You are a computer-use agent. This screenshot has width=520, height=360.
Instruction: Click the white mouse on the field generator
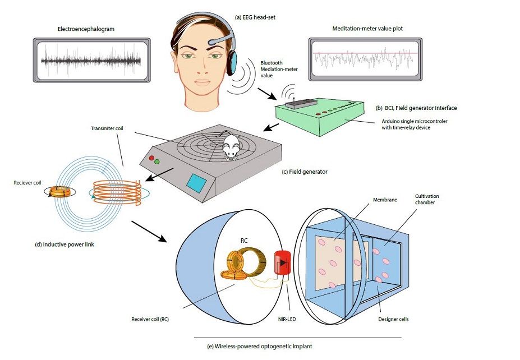point(229,145)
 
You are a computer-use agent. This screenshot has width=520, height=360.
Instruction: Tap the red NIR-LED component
point(282,263)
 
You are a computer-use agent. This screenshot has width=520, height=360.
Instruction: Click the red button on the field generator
point(151,158)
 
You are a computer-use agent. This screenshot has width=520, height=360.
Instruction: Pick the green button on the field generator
point(157,161)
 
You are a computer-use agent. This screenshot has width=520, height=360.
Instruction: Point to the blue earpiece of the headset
point(233,62)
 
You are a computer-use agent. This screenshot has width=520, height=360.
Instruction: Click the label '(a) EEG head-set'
point(255,17)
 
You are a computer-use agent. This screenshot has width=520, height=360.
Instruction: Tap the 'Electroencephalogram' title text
point(86,29)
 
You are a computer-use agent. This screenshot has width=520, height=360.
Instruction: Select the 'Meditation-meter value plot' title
point(367,29)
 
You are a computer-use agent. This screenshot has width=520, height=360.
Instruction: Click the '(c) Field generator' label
point(305,172)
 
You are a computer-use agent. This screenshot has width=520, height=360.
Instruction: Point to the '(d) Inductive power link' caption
point(65,244)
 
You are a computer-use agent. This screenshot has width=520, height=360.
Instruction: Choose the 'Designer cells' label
point(393,319)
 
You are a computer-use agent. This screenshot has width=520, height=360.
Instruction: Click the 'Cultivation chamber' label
point(427,199)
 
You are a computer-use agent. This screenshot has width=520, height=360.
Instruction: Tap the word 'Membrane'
point(385,200)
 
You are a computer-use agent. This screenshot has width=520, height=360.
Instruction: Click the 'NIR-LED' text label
point(287,319)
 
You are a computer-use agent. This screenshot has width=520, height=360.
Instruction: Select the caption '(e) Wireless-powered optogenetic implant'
point(259,347)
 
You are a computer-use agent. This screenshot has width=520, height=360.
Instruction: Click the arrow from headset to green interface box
point(267,94)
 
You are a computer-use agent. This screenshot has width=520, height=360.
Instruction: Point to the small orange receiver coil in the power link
point(60,192)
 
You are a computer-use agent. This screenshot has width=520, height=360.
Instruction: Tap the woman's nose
point(202,68)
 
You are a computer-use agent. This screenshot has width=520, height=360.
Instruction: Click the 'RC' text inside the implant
point(244,241)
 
